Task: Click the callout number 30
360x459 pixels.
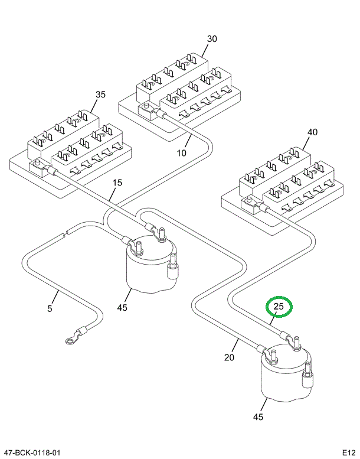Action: pyautogui.click(x=212, y=39)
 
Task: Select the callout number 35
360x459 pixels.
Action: pyautogui.click(x=100, y=94)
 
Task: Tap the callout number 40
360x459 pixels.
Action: pyautogui.click(x=312, y=133)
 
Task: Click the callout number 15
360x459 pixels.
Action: pyautogui.click(x=117, y=183)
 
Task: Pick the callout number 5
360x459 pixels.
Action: pyautogui.click(x=50, y=308)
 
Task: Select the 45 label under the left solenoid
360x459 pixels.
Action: pyautogui.click(x=122, y=307)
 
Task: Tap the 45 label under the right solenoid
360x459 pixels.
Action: pyautogui.click(x=258, y=417)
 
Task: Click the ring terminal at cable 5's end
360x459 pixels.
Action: pyautogui.click(x=70, y=339)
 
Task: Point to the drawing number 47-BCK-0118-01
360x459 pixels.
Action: pyautogui.click(x=32, y=453)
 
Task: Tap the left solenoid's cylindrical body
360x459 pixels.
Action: pyautogui.click(x=148, y=269)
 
